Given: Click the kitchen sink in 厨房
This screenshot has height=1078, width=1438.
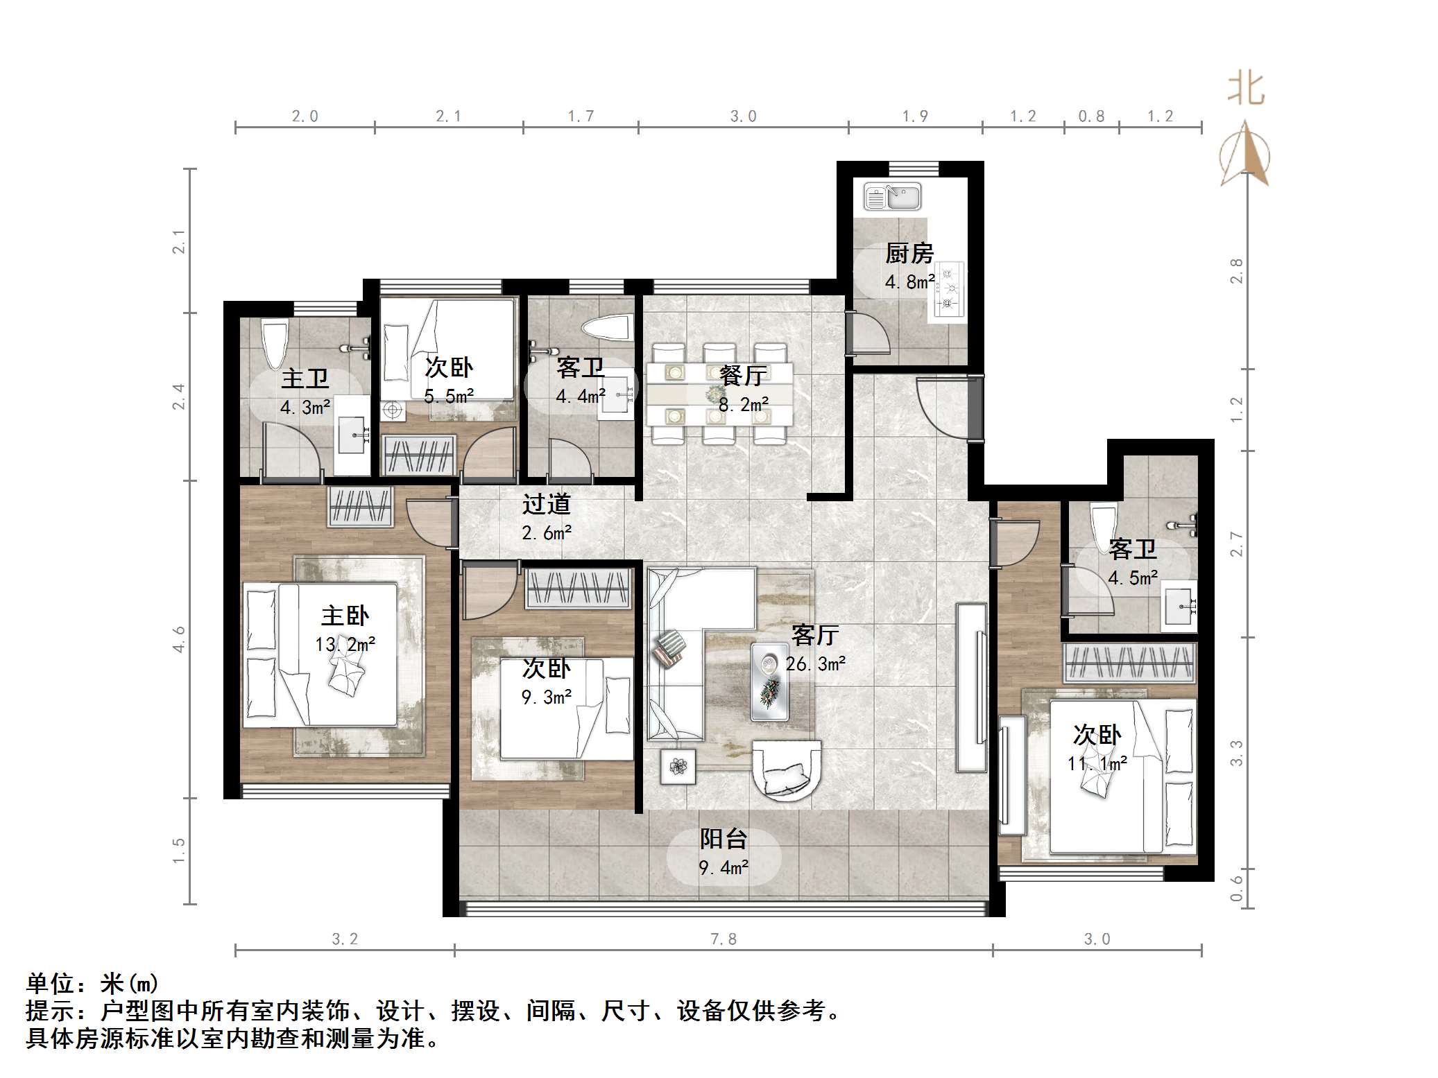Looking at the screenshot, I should pyautogui.click(x=892, y=196).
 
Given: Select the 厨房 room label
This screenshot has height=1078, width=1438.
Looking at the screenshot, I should pyautogui.click(x=909, y=254).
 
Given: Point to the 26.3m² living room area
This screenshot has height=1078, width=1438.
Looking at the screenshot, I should pyautogui.click(x=816, y=664).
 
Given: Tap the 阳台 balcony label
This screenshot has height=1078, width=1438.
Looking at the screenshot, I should pyautogui.click(x=723, y=840).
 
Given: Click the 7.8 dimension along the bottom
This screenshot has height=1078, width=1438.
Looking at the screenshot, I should pyautogui.click(x=723, y=939).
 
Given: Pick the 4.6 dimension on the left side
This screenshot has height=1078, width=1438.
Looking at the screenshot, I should pyautogui.click(x=180, y=638).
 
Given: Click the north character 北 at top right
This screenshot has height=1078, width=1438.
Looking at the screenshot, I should pyautogui.click(x=1246, y=90).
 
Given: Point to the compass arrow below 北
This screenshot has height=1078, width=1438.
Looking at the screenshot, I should pyautogui.click(x=1245, y=156).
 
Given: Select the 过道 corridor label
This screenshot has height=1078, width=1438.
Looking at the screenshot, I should pyautogui.click(x=546, y=504).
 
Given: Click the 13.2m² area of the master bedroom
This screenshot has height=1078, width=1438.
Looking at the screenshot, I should pyautogui.click(x=345, y=645).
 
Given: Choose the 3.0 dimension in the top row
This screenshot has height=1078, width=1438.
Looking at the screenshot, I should pyautogui.click(x=742, y=116).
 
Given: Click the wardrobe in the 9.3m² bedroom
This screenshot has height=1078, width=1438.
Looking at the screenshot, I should pyautogui.click(x=579, y=589).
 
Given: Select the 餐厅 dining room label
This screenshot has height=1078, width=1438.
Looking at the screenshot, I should pyautogui.click(x=743, y=376).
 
